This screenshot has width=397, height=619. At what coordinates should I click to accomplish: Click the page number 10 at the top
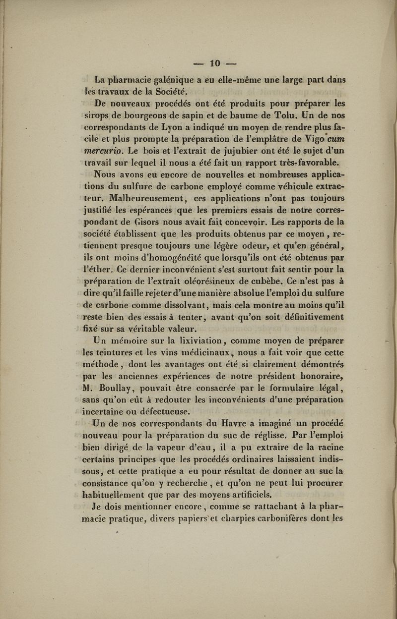point(214,64)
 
